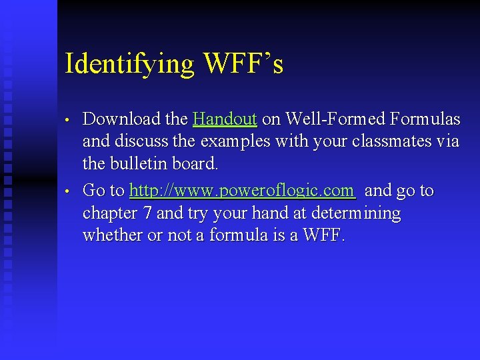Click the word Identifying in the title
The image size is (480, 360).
[x=129, y=64]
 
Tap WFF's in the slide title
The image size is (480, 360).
[x=243, y=64]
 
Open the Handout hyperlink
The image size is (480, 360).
[x=225, y=119]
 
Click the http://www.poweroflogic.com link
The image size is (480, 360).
[x=242, y=191]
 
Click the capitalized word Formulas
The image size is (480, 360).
[x=425, y=119]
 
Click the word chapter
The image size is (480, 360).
[x=109, y=213]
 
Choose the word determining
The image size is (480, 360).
[x=361, y=213]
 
